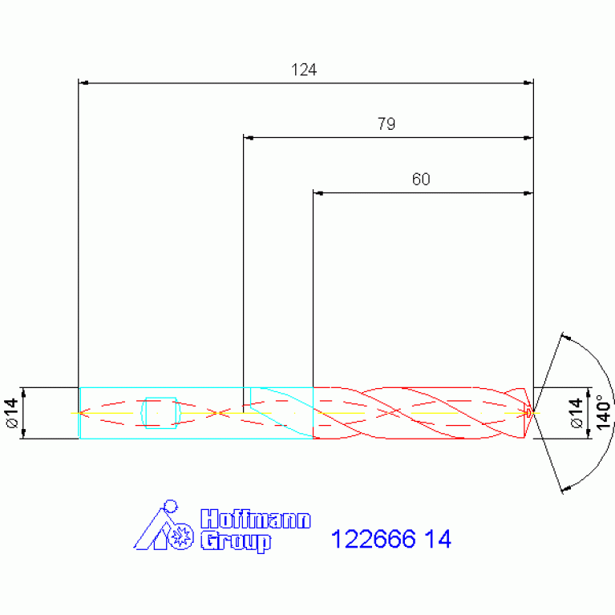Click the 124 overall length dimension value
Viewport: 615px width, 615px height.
coord(304,70)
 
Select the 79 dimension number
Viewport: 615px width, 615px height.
coord(386,124)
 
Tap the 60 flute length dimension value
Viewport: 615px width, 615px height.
coord(421,180)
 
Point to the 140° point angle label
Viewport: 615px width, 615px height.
coord(603,412)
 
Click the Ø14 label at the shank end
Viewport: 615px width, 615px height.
coord(12,413)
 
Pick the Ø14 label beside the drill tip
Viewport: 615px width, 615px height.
coord(576,413)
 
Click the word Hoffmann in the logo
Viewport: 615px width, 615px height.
coord(256,520)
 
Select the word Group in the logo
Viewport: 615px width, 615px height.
coord(236,542)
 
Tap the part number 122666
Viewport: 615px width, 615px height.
coord(374,539)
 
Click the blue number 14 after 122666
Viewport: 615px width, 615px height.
coord(438,539)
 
